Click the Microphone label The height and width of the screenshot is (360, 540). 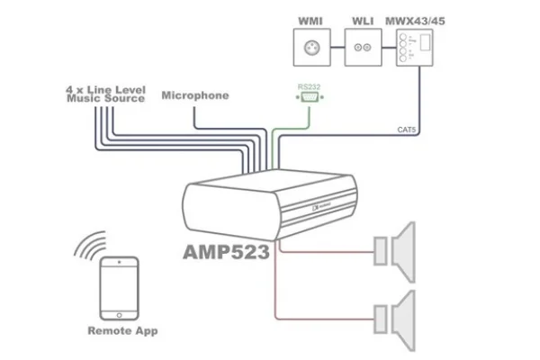(195, 95)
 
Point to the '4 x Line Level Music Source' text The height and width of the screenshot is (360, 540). (105, 94)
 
